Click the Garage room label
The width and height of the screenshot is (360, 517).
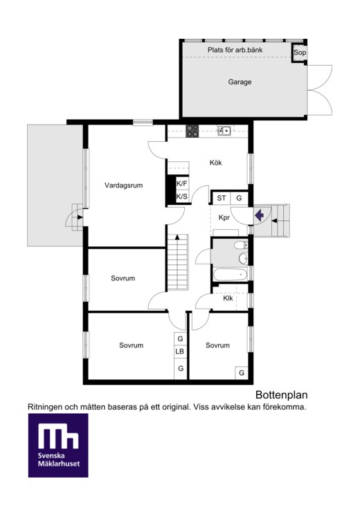(x=240, y=82)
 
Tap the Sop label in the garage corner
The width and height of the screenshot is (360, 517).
(x=300, y=52)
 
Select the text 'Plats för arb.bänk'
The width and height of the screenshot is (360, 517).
(x=235, y=50)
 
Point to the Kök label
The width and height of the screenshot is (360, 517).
(x=215, y=163)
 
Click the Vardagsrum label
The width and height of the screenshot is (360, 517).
(x=124, y=185)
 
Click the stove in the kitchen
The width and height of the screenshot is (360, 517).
(x=192, y=131)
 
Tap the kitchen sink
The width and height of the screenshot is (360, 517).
(x=224, y=131)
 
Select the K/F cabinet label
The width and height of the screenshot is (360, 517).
(x=181, y=183)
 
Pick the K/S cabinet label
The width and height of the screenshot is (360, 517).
(x=181, y=197)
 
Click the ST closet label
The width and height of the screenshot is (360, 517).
(x=222, y=198)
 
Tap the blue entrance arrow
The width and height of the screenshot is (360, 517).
(x=260, y=215)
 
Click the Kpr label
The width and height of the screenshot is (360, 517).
(x=224, y=217)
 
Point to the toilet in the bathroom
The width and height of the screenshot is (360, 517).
(x=241, y=245)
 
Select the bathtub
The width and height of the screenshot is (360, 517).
(x=230, y=275)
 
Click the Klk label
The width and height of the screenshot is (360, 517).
(x=228, y=298)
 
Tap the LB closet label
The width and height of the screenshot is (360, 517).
(x=180, y=352)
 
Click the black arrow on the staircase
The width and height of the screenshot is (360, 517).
(x=177, y=237)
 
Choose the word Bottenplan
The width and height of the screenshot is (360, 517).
(x=282, y=394)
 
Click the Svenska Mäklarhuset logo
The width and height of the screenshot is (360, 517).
(x=58, y=446)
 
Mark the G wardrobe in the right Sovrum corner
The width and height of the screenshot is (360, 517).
(x=242, y=373)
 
